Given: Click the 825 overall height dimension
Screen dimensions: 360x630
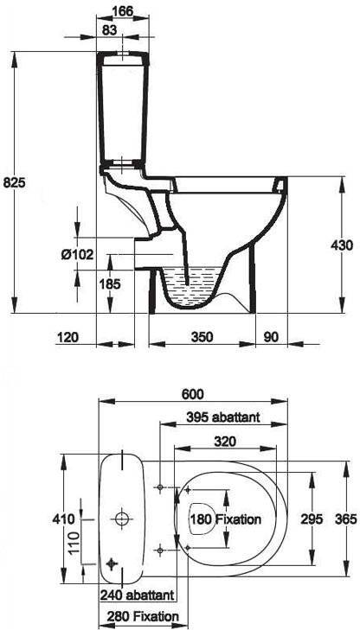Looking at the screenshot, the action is tap(15, 183).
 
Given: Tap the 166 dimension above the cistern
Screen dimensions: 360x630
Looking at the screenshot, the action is tap(123, 11).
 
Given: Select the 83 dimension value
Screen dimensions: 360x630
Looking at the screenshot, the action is tap(109, 29).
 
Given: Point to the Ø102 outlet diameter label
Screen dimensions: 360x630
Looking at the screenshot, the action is tap(78, 254).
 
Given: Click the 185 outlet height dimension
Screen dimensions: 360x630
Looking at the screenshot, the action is tap(110, 284).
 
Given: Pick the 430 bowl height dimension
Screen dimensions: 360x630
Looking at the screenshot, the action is tap(342, 245).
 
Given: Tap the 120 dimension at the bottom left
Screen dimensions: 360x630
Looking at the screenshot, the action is tap(67, 337).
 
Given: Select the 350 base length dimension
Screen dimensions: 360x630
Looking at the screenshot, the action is tap(202, 337).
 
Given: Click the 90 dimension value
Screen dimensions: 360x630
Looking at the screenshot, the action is tap(272, 337).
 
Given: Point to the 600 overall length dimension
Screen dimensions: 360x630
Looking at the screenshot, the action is tap(193, 394).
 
